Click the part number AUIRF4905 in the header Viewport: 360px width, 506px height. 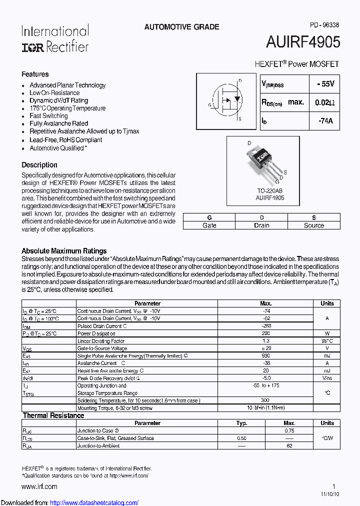(303, 42)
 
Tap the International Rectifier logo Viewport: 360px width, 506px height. (55, 38)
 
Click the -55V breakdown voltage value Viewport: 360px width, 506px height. (324, 84)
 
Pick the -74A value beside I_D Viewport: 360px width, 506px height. (325, 121)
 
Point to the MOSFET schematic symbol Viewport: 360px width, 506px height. (226, 99)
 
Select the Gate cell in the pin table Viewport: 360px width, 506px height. (209, 225)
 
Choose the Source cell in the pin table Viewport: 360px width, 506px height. (314, 225)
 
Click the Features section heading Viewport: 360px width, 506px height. (35, 74)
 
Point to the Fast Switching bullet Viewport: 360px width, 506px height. (48, 115)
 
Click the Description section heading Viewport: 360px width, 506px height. (39, 165)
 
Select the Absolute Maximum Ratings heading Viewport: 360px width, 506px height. (64, 251)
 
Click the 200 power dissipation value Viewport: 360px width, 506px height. (265, 333)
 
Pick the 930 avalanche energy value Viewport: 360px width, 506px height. (265, 356)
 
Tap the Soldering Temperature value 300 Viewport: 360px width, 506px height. (265, 400)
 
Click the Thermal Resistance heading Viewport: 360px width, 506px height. (53, 415)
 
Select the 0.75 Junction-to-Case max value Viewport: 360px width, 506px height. (289, 430)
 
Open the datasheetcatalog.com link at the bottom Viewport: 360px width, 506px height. (94, 502)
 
